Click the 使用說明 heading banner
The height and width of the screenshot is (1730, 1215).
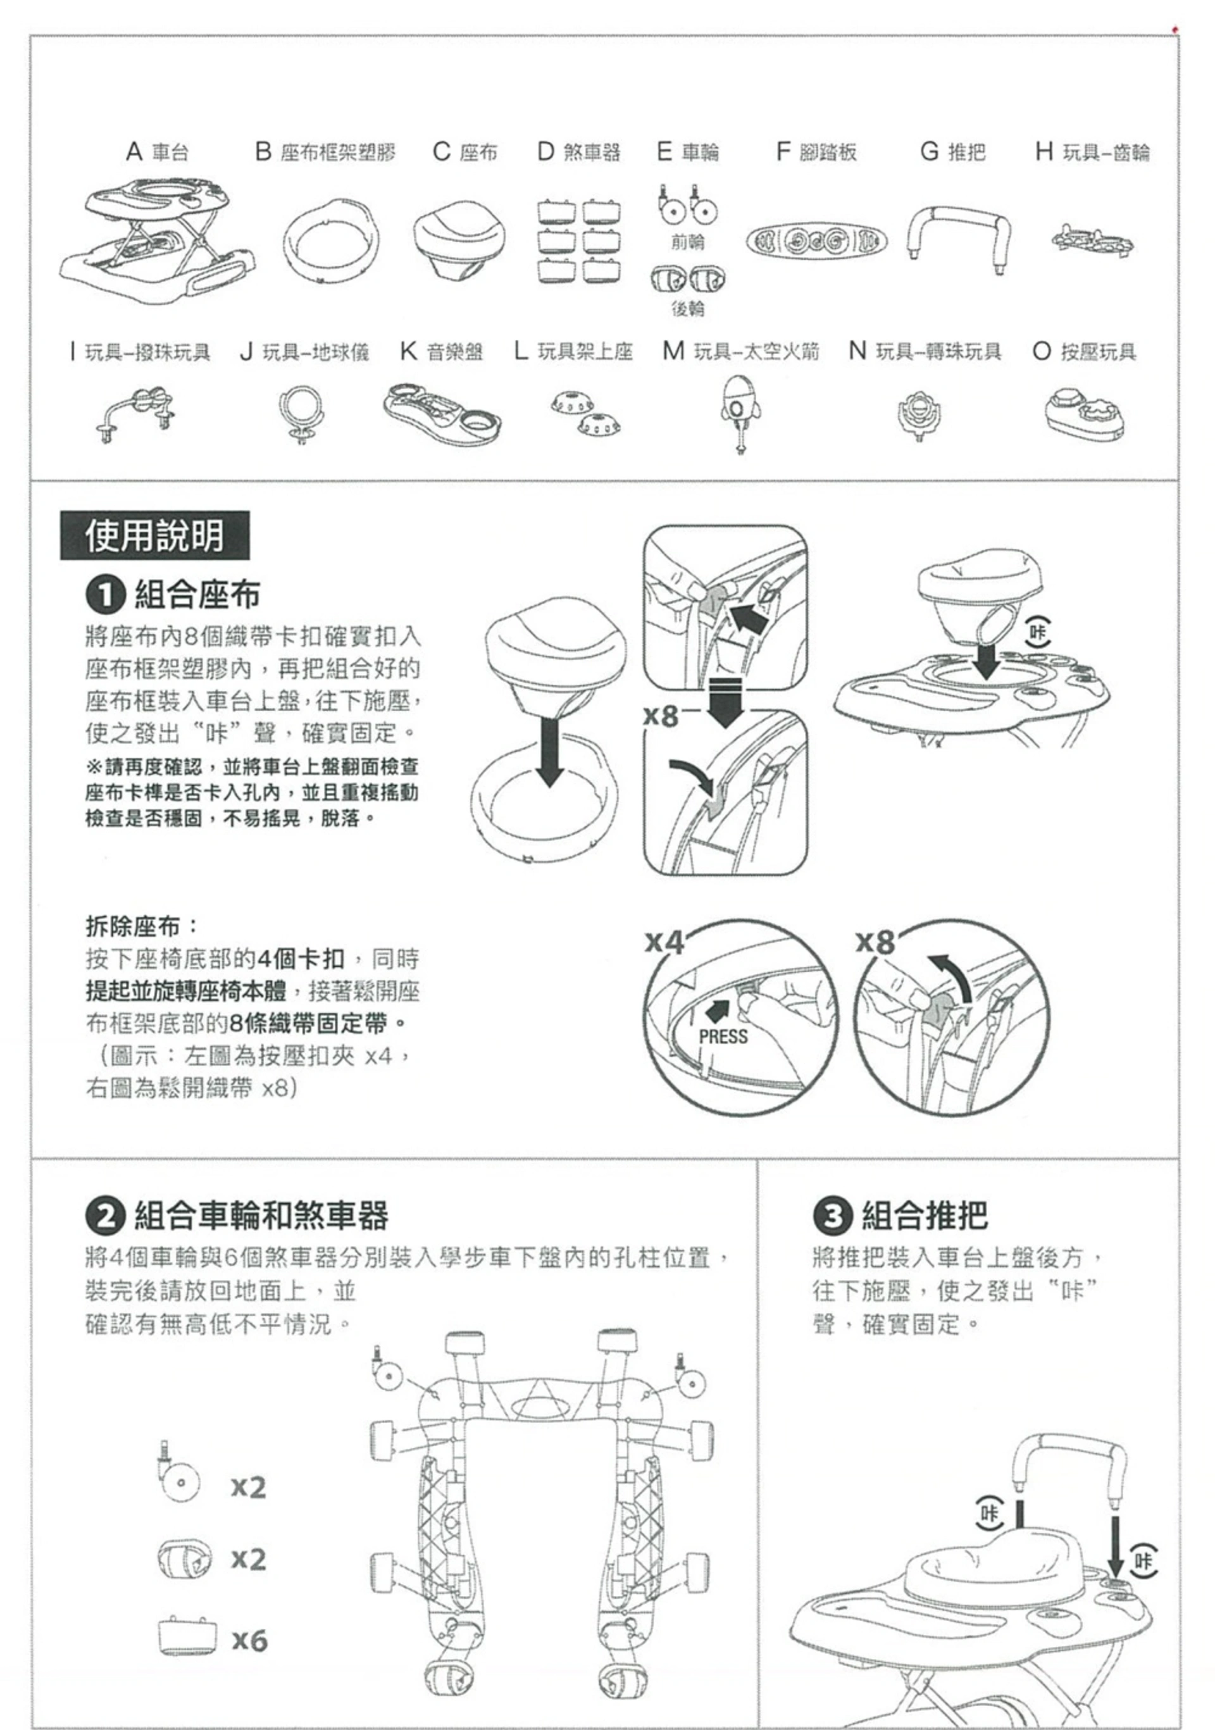tap(154, 535)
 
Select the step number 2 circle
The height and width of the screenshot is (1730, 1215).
tap(105, 1217)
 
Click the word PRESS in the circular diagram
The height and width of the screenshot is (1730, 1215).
tap(723, 1036)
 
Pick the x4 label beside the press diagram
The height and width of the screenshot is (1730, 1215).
tap(665, 942)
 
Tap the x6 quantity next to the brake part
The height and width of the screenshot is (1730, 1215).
tap(249, 1640)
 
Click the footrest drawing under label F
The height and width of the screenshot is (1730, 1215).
tap(816, 240)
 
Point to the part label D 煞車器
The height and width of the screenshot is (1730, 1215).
tap(579, 152)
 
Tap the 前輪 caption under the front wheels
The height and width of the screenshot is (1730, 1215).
tap(687, 242)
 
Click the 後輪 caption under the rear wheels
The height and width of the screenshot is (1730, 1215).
tap(687, 308)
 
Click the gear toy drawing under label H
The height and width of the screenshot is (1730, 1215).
tap(1093, 240)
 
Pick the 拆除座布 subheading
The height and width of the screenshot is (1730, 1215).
tap(142, 926)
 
